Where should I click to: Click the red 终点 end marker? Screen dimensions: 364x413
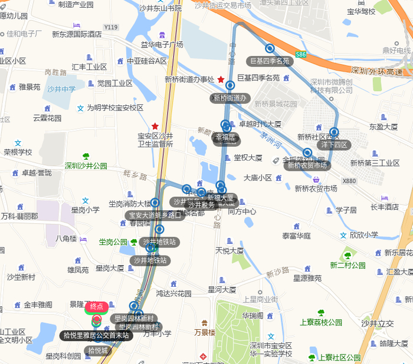pos(96,306)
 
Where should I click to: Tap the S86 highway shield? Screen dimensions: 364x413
pos(301,55)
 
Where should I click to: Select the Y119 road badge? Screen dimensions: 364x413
pos(111,27)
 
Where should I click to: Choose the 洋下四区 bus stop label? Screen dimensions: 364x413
pos(335,144)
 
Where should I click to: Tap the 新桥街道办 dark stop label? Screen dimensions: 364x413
pos(230,98)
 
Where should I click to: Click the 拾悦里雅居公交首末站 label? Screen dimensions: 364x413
pos(96,335)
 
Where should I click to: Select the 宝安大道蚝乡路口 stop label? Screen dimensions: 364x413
pos(155,215)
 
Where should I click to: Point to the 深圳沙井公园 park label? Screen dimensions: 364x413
pos(86,166)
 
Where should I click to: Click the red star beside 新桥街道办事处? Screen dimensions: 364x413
pos(221,80)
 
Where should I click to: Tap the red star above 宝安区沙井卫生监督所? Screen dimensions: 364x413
pos(155,126)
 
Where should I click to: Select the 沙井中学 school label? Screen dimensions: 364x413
pos(61,89)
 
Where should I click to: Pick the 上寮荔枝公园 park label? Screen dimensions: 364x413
pos(321,322)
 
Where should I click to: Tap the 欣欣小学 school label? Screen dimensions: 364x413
pos(363,234)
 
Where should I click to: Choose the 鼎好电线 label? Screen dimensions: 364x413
pos(396,50)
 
